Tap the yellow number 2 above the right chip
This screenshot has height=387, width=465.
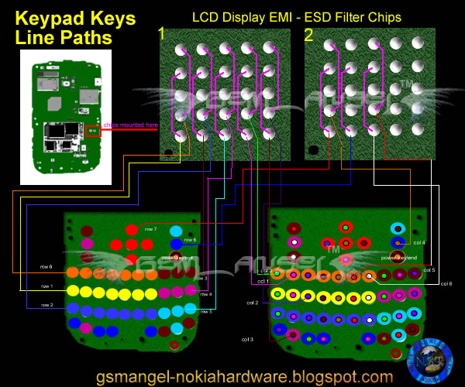[308, 33]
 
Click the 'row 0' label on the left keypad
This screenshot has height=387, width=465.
[46, 266]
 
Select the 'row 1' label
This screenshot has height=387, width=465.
[46, 287]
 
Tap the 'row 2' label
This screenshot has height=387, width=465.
[46, 306]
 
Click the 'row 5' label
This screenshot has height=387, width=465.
[205, 311]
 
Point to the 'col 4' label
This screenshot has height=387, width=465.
[419, 242]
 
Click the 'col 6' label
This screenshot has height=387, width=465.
[446, 284]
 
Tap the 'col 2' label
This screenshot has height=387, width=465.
[253, 303]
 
